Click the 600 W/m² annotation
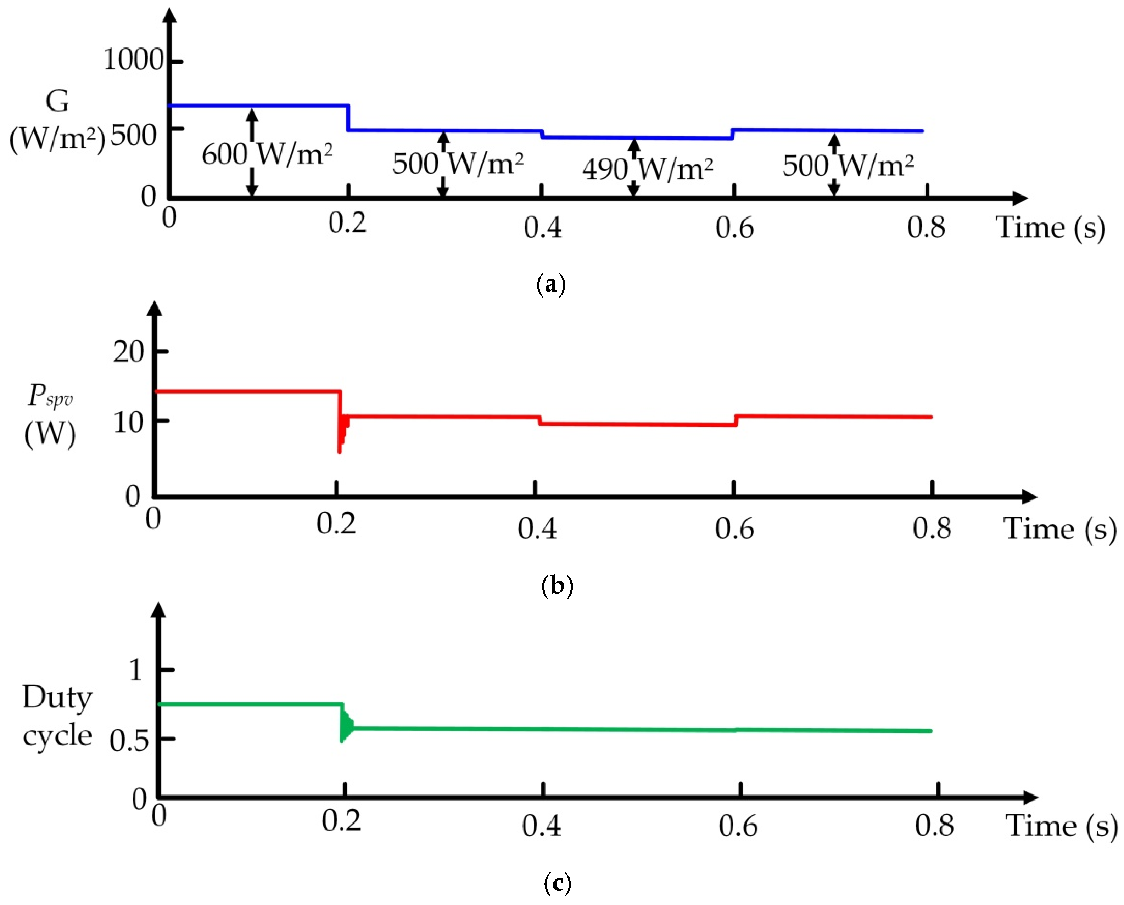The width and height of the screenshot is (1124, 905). (267, 154)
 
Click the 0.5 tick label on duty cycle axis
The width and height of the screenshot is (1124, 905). (129, 740)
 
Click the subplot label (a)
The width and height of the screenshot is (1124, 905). (551, 285)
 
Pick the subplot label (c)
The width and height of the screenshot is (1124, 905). (557, 883)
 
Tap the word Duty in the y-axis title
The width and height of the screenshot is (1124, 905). (57, 697)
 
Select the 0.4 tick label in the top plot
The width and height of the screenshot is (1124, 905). (542, 227)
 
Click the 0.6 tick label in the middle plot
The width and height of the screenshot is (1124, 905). (734, 529)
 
